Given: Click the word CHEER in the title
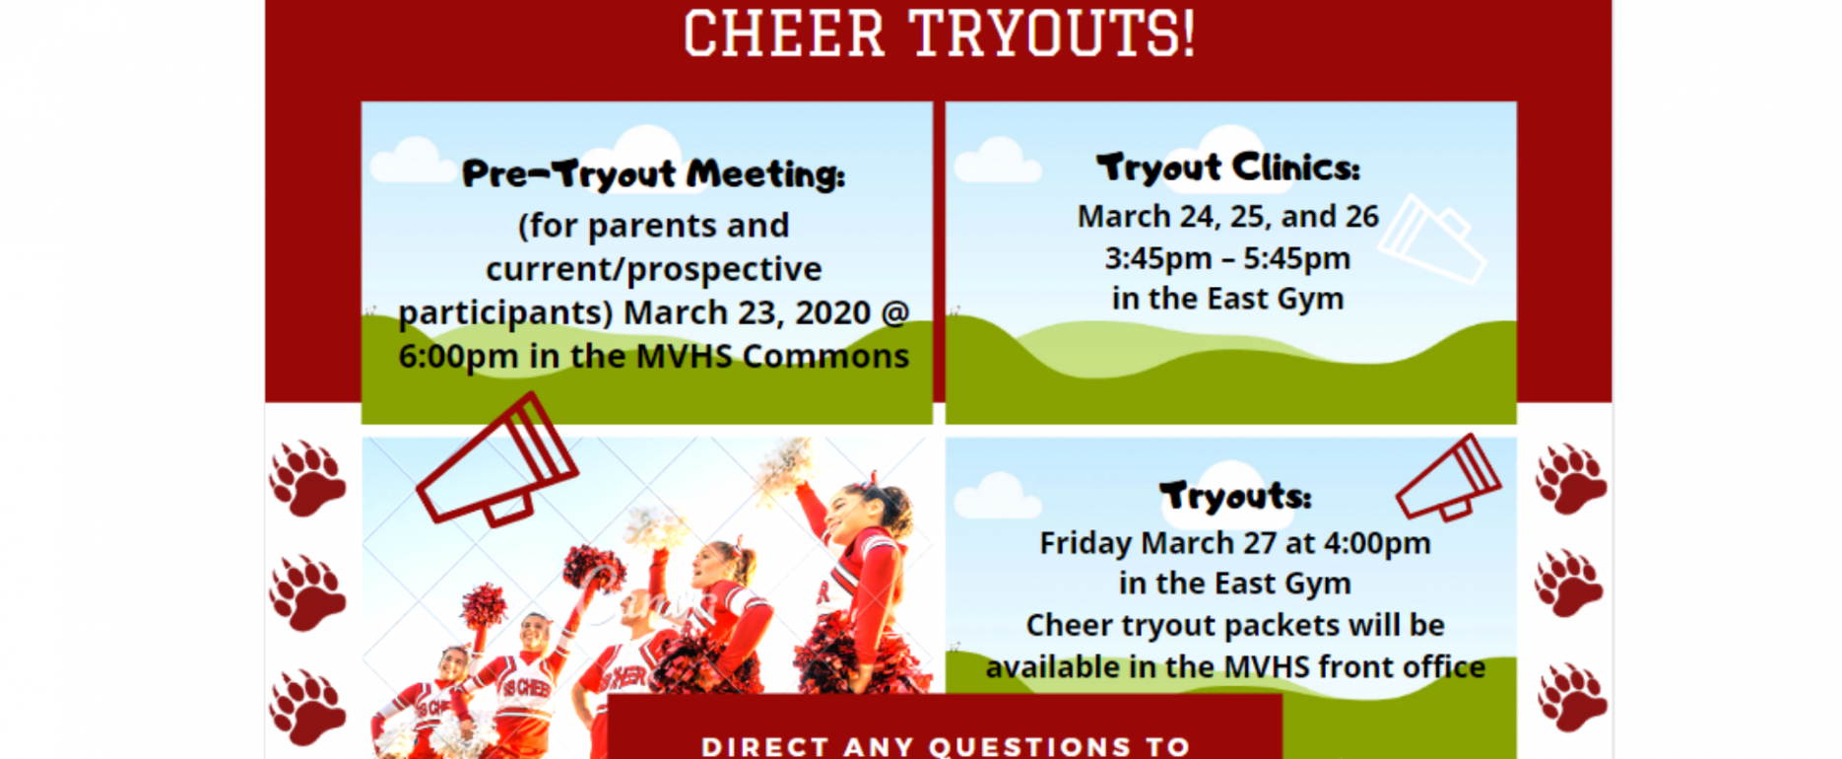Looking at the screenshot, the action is (784, 33).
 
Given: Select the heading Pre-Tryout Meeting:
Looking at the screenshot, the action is (653, 173).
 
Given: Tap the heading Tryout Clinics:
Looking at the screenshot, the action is (1228, 168).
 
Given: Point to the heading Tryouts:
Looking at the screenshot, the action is (1235, 495).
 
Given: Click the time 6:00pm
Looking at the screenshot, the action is (458, 356).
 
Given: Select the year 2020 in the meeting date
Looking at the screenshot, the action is (833, 312).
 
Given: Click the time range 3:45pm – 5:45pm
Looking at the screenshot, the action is (1227, 258).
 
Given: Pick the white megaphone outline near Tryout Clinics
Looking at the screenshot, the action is (1432, 239).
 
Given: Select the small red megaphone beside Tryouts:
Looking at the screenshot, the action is (1449, 477).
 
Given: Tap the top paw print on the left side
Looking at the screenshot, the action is (307, 479).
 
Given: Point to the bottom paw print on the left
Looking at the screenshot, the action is (307, 707).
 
